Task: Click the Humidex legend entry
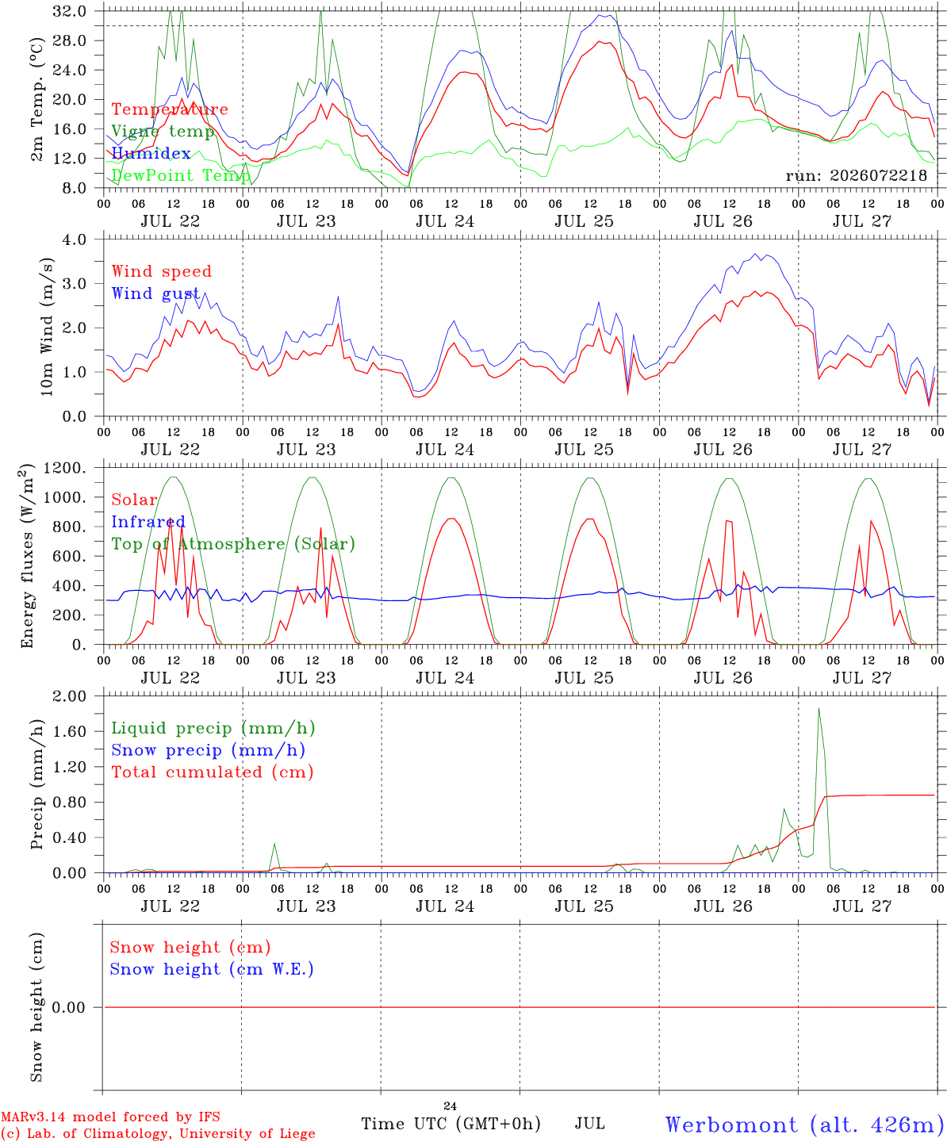pyautogui.click(x=151, y=153)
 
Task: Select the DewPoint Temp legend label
pyautogui.click(x=181, y=175)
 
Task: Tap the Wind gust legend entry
pyautogui.click(x=155, y=293)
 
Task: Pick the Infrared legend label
pyautogui.click(x=148, y=522)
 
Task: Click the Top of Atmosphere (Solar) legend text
pyautogui.click(x=234, y=544)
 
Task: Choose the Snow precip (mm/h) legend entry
pyautogui.click(x=209, y=750)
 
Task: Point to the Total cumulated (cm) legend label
pyautogui.click(x=213, y=772)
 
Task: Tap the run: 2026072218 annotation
pyautogui.click(x=856, y=175)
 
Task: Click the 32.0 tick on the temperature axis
pyautogui.click(x=69, y=11)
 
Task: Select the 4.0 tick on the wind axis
pyautogui.click(x=74, y=240)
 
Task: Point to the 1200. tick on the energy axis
pyautogui.click(x=64, y=468)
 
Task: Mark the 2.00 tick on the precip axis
pyautogui.click(x=69, y=696)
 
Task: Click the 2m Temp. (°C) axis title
pyautogui.click(x=36, y=100)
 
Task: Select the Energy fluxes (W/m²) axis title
pyautogui.click(x=27, y=556)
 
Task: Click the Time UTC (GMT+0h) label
pyautogui.click(x=450, y=1124)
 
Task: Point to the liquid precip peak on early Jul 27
pyautogui.click(x=819, y=709)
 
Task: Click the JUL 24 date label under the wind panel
pyautogui.click(x=445, y=450)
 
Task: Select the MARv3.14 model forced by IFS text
pyautogui.click(x=110, y=1117)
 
